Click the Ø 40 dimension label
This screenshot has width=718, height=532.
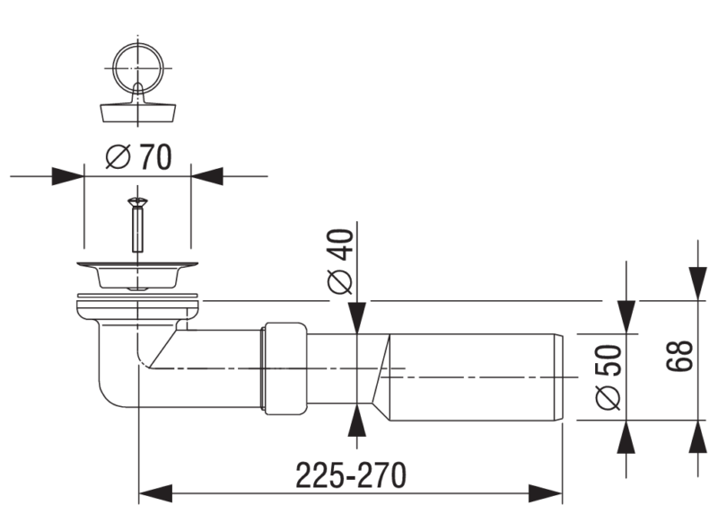pyautogui.click(x=340, y=260)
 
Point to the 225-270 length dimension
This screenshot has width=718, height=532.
pyautogui.click(x=351, y=474)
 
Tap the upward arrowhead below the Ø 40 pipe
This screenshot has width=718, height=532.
pyautogui.click(x=357, y=421)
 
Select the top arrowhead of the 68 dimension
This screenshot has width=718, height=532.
pyautogui.click(x=696, y=282)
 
